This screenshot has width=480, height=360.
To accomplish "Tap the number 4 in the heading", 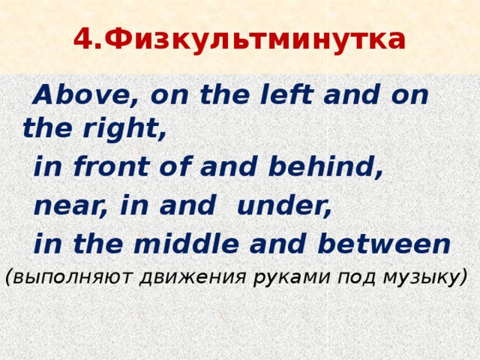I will tap(82, 40).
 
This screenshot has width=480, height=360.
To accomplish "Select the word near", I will tap(67, 205).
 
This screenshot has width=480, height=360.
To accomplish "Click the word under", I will tap(284, 205).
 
